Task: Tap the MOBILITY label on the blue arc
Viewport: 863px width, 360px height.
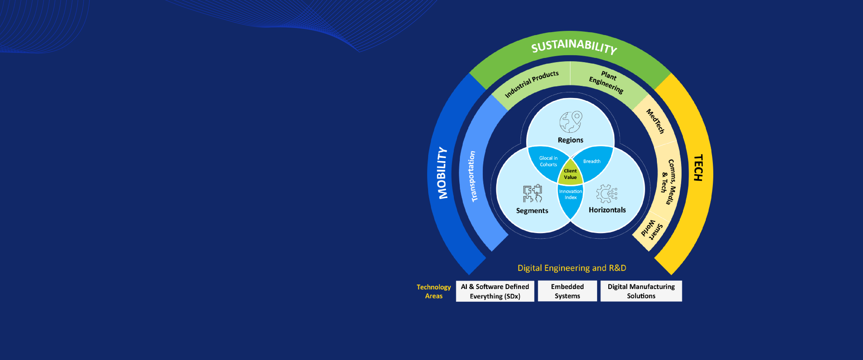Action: pos(443,173)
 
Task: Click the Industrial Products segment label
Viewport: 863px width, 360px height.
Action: pos(532,84)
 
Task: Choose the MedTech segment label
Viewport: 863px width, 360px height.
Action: pos(655,121)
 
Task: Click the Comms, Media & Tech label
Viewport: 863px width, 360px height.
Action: pos(669,181)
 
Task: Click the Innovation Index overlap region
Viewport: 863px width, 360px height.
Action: pos(570,194)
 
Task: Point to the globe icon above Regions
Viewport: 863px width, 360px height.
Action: pos(570,122)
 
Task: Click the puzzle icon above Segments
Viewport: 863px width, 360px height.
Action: pos(532,193)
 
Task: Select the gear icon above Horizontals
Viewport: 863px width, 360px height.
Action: pos(607,194)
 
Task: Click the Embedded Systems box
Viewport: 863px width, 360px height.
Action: pos(567,291)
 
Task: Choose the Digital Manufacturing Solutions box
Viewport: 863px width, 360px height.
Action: pos(641,291)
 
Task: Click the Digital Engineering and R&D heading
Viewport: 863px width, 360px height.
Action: pos(572,268)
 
